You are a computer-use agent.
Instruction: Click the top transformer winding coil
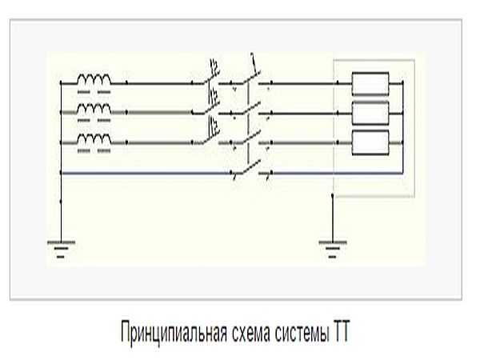pos(94,79)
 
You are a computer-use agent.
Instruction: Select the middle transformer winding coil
pos(94,109)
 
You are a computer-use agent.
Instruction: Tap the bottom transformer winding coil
pos(94,138)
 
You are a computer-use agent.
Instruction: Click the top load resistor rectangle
pos(370,83)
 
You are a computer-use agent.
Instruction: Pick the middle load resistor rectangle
pos(370,114)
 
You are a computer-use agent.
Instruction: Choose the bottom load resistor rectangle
pos(370,142)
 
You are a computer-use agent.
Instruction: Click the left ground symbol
pos(61,249)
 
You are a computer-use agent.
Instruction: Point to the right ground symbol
pos(333,249)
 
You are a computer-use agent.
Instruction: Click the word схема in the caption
pos(251,334)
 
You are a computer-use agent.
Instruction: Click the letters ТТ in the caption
pos(341,331)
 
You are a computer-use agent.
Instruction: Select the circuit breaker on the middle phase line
pos(210,102)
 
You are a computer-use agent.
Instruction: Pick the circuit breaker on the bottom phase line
pos(210,132)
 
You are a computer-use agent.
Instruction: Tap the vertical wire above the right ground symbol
pos(333,218)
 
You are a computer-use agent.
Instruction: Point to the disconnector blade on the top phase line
pos(252,77)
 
